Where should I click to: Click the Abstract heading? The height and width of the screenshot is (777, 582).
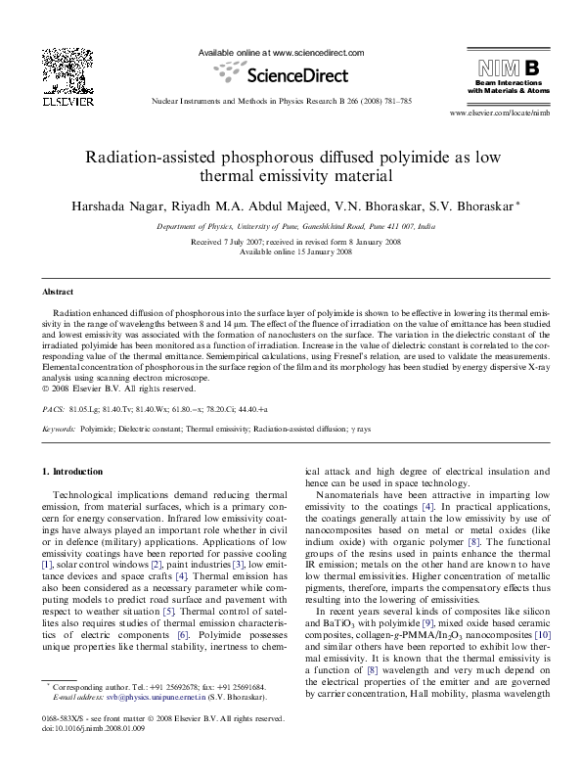57,292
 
